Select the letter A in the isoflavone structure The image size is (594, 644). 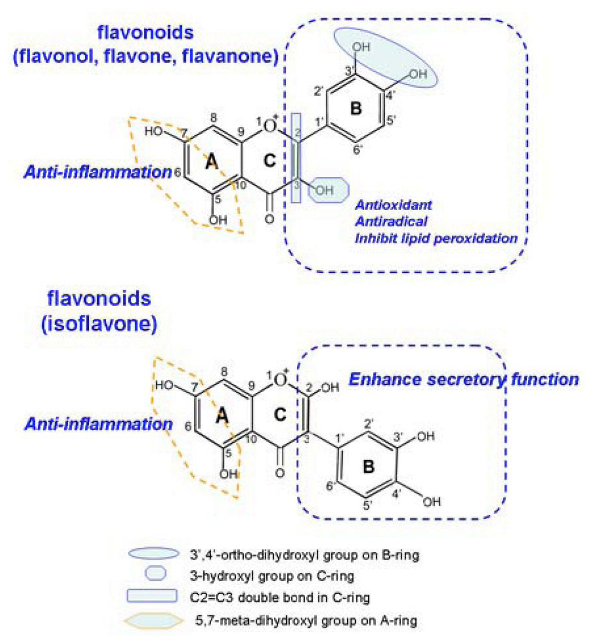pyautogui.click(x=222, y=415)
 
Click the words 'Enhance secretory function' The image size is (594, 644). pyautogui.click(x=463, y=380)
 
